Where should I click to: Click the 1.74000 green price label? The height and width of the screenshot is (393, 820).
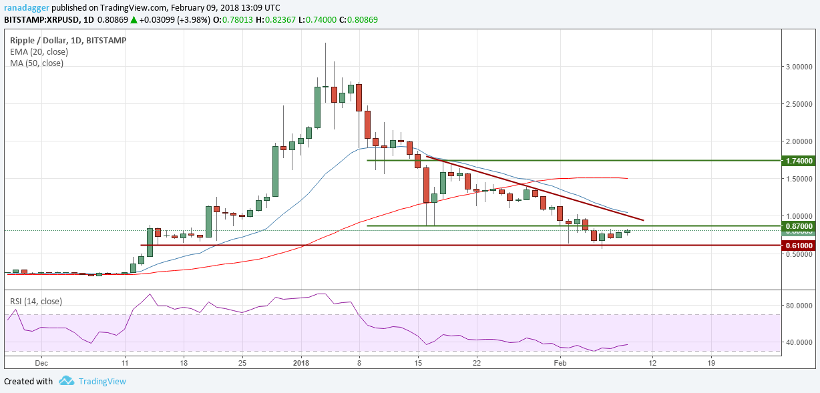point(799,161)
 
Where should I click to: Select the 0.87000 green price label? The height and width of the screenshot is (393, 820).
point(799,226)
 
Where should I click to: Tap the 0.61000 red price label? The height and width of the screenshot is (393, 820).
point(799,246)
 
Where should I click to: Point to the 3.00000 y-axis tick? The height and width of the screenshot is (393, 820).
point(799,67)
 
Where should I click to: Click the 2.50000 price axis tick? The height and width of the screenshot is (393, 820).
point(799,104)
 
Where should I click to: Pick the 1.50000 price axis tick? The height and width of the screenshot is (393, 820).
point(799,179)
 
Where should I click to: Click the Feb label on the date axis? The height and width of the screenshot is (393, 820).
point(560,363)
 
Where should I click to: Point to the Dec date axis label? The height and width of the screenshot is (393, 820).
point(41,363)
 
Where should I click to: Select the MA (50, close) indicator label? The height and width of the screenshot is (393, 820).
point(37,63)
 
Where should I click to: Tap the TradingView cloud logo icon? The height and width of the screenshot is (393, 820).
point(66,381)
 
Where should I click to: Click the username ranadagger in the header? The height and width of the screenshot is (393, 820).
point(26,7)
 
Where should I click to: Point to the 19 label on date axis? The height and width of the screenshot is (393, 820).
point(710,363)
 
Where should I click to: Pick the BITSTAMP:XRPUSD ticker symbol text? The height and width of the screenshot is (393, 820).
point(38,20)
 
